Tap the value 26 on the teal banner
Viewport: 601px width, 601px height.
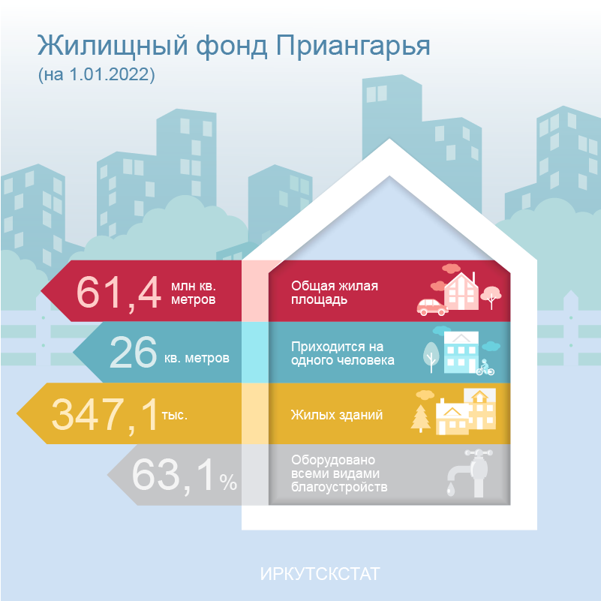(x=133, y=352)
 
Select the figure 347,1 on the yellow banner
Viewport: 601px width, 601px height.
(x=104, y=415)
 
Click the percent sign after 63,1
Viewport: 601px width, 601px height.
(x=228, y=482)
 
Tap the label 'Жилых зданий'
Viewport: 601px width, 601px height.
(x=337, y=415)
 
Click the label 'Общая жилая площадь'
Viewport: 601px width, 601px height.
(x=335, y=293)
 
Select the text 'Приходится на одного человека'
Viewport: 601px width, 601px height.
(x=343, y=353)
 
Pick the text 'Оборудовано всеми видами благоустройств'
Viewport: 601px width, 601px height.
(x=339, y=473)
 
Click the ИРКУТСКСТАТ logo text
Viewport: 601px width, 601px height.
(x=320, y=574)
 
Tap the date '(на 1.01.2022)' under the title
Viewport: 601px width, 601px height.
(x=96, y=74)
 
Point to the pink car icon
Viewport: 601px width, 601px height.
(x=432, y=307)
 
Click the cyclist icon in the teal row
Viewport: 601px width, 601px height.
(x=485, y=367)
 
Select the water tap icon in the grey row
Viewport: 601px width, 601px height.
(x=470, y=473)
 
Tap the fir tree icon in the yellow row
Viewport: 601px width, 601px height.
(x=420, y=419)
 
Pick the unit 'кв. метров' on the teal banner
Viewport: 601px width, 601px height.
(x=197, y=358)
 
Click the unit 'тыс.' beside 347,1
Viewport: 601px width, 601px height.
(x=174, y=415)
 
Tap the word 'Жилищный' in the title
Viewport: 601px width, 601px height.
(x=113, y=46)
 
